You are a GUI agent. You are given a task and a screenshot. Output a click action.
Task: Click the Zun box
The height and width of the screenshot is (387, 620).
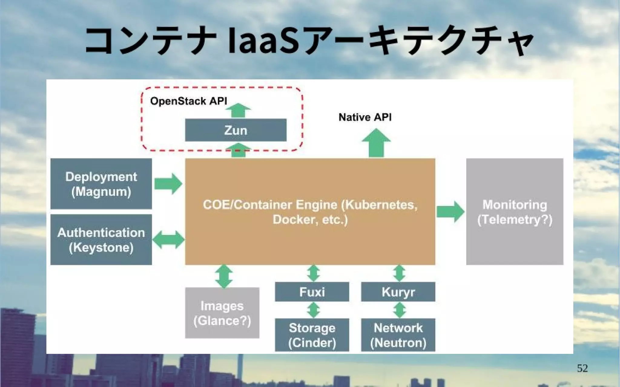coord(236,130)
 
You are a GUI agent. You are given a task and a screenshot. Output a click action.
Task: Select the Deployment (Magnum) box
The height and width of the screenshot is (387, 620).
coord(101,184)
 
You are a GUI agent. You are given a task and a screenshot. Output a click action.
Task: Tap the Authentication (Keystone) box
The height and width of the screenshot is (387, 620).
coord(101,240)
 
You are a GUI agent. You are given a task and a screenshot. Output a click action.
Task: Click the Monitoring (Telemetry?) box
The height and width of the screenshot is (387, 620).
coord(514,212)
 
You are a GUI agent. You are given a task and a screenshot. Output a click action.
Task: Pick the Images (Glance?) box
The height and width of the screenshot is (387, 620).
coord(222,313)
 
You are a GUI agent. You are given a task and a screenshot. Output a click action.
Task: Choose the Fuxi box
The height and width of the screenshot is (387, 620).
coord(312,292)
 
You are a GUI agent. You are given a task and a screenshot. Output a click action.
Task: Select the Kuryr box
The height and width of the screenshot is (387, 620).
coord(398,292)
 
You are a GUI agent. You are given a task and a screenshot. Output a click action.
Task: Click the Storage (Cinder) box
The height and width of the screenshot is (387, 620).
coord(312,335)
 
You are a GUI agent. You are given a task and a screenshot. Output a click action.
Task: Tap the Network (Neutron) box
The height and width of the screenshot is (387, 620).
coord(398,335)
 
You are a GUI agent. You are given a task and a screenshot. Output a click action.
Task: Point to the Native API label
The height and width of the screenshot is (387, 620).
coord(365,117)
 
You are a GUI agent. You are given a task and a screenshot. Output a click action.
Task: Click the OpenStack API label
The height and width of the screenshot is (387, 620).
coord(188,101)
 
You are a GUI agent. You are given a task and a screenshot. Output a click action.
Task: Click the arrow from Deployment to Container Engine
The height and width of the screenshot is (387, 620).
coord(168,184)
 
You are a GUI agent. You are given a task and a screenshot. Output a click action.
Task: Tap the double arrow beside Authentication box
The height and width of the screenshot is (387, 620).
coord(168,240)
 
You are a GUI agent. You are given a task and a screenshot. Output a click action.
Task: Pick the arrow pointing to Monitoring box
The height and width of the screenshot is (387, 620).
coord(450,212)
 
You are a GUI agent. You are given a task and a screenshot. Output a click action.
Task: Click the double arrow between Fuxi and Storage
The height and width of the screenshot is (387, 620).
coord(313,310)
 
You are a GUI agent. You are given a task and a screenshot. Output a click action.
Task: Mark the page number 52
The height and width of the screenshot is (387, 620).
coord(582,368)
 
